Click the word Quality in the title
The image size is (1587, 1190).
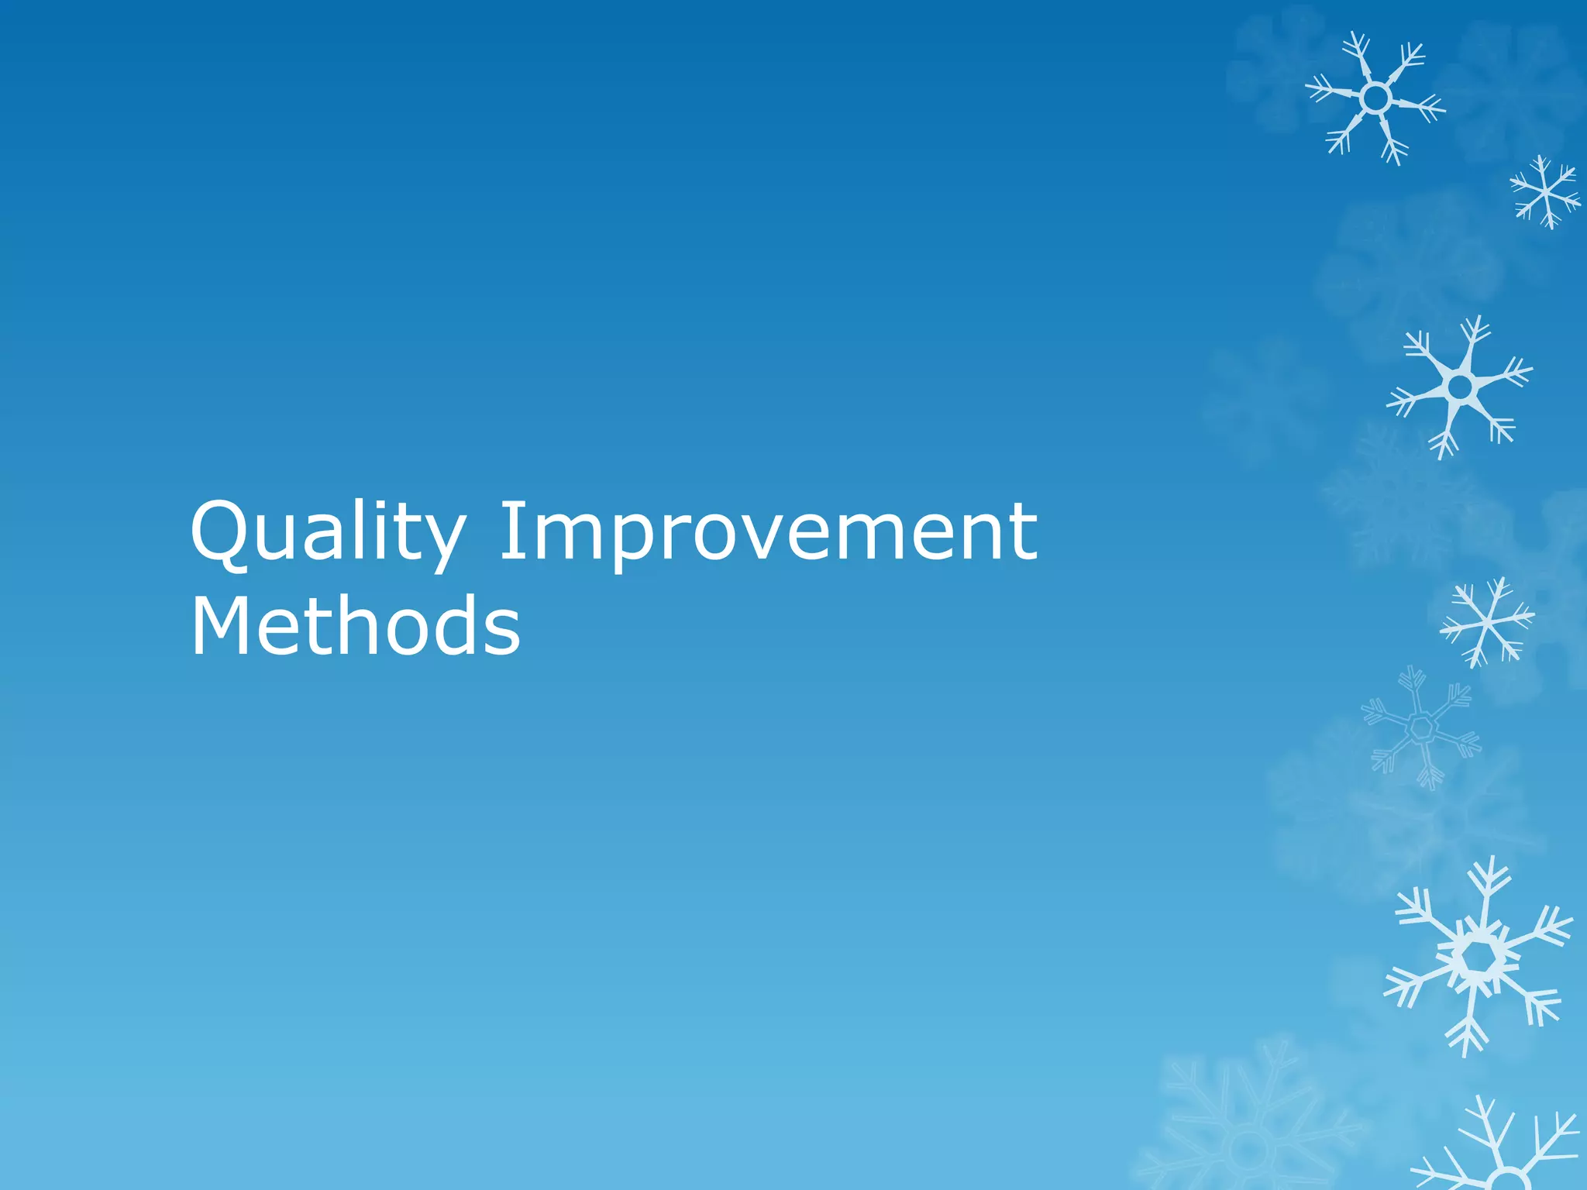tap(326, 533)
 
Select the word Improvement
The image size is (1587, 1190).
tap(768, 533)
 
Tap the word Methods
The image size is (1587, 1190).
tap(356, 626)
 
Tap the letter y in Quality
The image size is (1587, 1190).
tap(439, 542)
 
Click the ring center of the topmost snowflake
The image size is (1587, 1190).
tap(1375, 98)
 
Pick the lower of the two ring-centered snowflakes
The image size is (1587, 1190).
tap(1460, 386)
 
